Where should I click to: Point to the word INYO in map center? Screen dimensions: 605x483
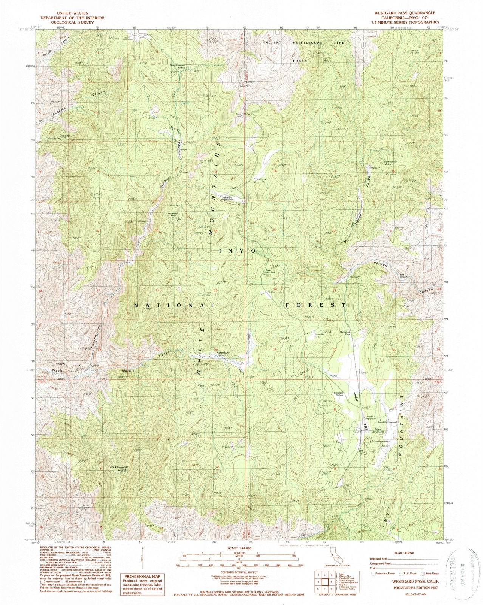tap(237, 251)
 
